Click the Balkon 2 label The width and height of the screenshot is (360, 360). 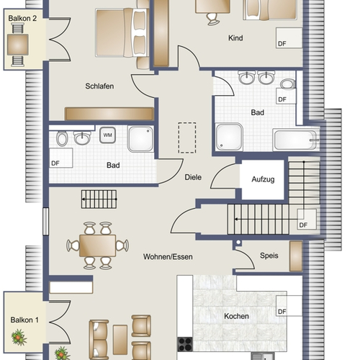point(22,18)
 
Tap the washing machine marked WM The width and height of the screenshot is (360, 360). point(107,135)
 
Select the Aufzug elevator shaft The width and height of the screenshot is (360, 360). point(263,179)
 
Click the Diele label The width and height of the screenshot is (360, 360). point(193,177)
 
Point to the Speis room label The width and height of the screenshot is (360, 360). point(269,256)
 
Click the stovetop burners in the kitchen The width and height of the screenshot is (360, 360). point(185,344)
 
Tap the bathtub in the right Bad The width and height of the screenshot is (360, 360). point(296,140)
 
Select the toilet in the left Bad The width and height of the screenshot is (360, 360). point(62,139)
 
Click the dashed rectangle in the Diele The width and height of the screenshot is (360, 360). point(187,138)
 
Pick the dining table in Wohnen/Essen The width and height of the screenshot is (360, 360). point(97,246)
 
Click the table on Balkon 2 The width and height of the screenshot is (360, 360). point(18,45)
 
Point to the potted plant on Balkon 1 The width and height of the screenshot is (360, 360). point(19,337)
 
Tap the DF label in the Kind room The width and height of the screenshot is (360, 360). point(282,44)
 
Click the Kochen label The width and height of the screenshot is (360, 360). point(236,316)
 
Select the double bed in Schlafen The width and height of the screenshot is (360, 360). point(122,33)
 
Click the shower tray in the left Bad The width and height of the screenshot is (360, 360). point(140,139)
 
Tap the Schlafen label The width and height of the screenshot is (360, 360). point(99,86)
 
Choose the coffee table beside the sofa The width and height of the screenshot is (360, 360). point(120,340)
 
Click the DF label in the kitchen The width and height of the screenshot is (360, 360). point(282,312)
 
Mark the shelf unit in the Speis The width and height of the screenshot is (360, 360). point(296,256)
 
